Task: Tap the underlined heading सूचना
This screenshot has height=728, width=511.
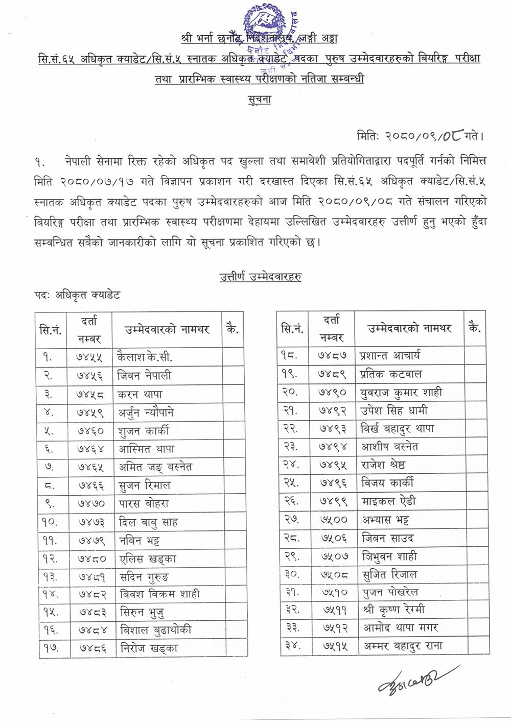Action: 259,100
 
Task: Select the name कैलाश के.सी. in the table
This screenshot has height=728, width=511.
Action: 145,357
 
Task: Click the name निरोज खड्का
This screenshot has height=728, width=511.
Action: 149,648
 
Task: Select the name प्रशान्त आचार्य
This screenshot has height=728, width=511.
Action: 390,356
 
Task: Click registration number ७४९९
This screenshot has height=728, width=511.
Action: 333,501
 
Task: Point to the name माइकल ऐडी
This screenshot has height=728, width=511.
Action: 388,501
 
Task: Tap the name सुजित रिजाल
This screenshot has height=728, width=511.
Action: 389,574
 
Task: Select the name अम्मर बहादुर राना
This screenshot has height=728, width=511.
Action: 403,646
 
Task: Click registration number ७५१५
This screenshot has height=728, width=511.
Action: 333,646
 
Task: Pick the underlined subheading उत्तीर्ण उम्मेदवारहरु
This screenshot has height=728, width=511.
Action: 260,277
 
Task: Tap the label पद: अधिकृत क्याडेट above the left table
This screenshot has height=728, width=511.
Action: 77,295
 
